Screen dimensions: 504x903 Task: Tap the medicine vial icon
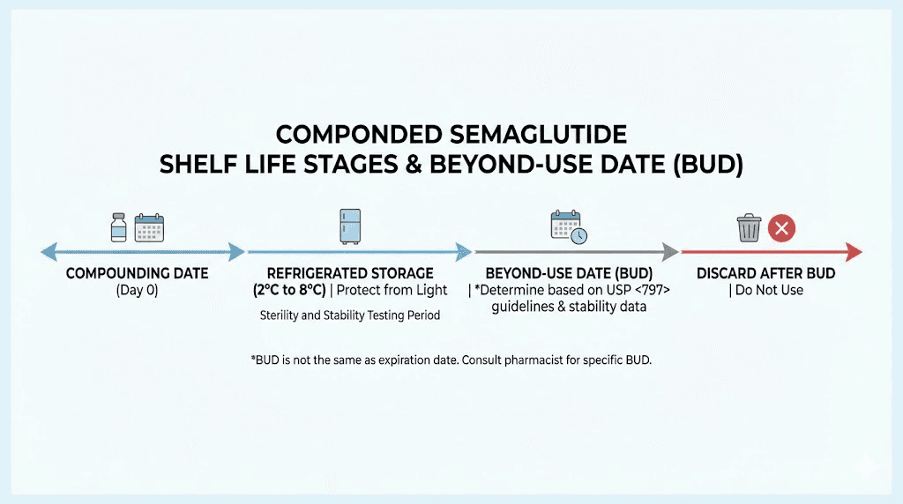coord(118,227)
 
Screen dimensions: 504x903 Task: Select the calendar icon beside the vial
coord(149,227)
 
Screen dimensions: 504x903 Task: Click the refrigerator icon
coord(351,226)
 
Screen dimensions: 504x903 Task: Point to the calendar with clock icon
coord(568,227)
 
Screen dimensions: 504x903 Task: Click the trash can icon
coord(749,229)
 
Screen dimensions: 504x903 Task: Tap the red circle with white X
coord(781,229)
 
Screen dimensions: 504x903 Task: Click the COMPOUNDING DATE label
coord(137,274)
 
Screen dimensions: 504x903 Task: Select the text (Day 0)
coord(137,290)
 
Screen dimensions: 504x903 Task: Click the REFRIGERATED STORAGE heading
coord(350,274)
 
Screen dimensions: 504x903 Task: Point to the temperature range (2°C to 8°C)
coord(289,290)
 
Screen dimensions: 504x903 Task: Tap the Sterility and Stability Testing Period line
coord(350,315)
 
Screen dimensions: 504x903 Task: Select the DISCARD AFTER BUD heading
coord(765,274)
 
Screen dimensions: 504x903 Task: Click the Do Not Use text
coord(769,290)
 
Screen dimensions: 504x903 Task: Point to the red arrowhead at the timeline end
coord(854,253)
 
